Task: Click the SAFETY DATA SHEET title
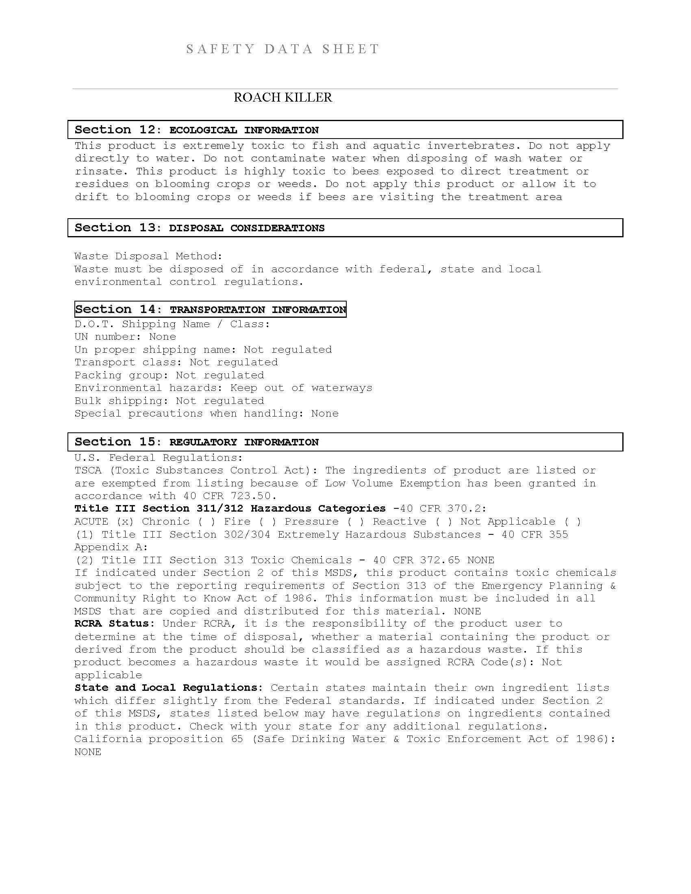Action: (283, 49)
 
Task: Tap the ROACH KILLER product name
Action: (283, 98)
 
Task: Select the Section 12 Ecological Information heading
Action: (196, 130)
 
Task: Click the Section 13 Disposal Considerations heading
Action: (199, 228)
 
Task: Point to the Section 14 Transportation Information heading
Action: (211, 309)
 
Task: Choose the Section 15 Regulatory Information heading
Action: (196, 442)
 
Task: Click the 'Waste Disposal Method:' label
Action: (149, 256)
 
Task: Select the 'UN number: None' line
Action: (125, 336)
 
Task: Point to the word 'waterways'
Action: (342, 388)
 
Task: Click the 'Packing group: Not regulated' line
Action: (169, 375)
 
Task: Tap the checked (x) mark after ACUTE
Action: (125, 521)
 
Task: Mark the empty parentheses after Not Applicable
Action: (573, 521)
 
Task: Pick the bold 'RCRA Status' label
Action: (111, 623)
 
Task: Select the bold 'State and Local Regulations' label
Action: (166, 688)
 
